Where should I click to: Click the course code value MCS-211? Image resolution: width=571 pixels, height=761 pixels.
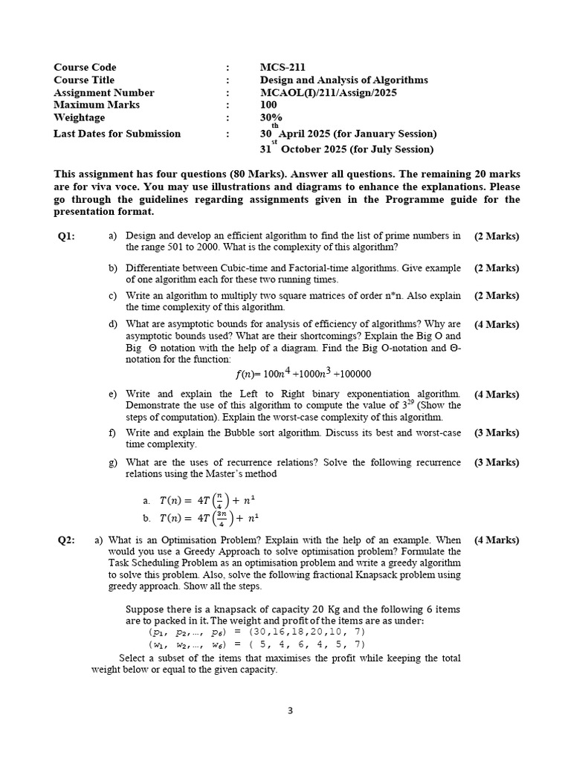[x=283, y=67]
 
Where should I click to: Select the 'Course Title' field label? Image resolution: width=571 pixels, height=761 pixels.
[x=84, y=80]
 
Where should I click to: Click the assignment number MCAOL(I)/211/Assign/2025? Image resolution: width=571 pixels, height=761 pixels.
[x=328, y=92]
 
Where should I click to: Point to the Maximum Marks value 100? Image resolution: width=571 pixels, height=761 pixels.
[x=268, y=105]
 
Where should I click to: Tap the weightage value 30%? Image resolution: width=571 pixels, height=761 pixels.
[x=271, y=117]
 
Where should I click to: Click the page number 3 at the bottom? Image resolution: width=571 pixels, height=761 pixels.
[x=290, y=710]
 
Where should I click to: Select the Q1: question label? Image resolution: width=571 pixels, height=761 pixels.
[x=66, y=236]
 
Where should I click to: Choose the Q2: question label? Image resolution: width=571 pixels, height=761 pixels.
[x=66, y=540]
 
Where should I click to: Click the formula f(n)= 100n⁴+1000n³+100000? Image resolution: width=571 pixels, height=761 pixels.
[x=303, y=373]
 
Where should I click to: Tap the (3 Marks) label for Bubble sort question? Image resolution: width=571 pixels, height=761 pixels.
[x=497, y=433]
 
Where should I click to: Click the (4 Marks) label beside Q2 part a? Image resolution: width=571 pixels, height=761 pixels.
[x=497, y=540]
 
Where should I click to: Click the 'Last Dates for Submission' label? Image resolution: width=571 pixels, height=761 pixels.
[x=117, y=134]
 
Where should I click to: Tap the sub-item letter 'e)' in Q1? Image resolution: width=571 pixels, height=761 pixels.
[x=113, y=394]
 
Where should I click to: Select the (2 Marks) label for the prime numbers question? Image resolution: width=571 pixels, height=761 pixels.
[x=497, y=236]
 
